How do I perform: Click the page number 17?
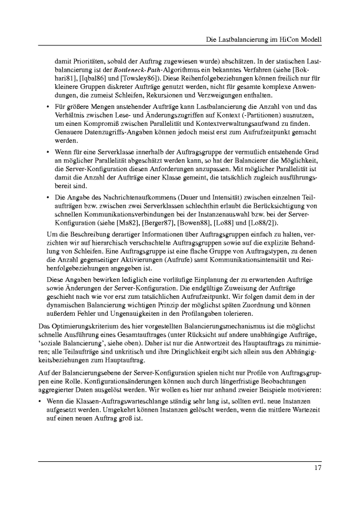click(316, 468)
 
